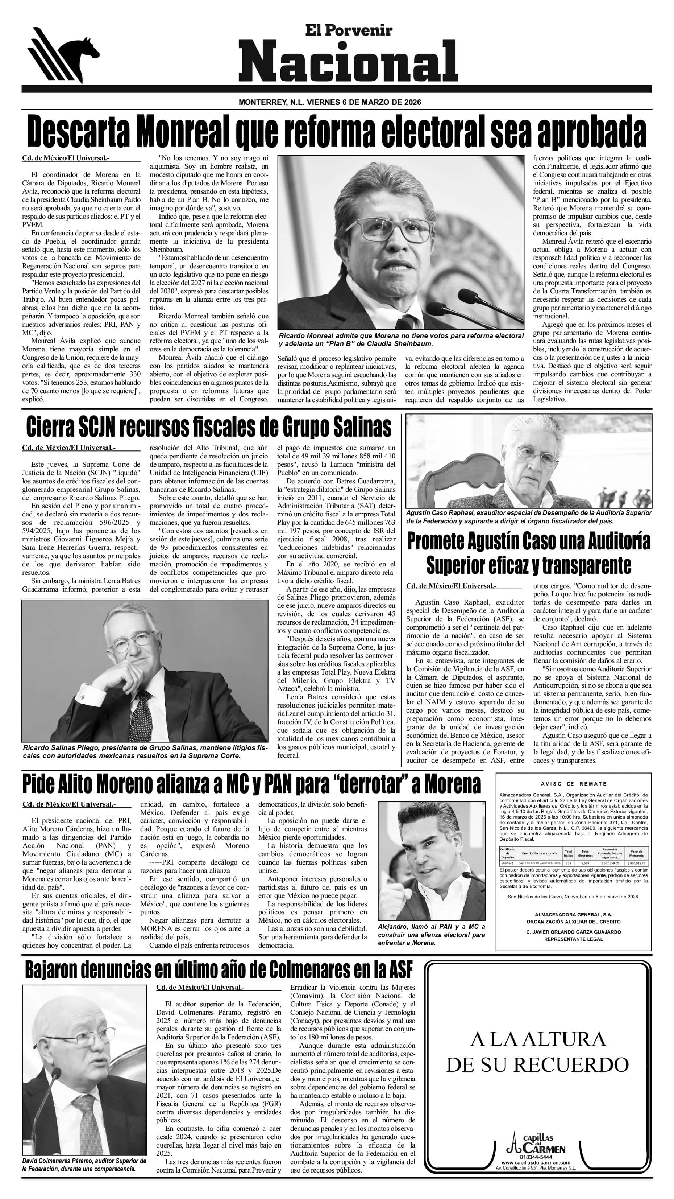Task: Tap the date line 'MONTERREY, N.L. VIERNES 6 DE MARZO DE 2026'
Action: click(330, 102)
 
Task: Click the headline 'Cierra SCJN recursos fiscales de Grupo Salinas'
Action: click(209, 427)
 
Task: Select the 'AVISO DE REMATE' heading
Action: click(574, 784)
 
